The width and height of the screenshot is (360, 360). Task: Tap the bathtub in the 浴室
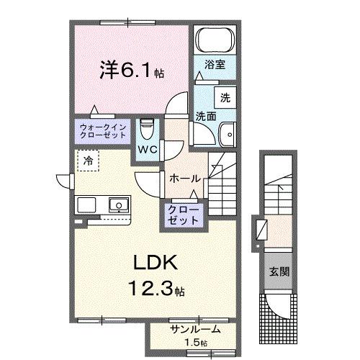(214, 40)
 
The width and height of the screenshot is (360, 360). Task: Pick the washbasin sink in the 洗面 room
(228, 132)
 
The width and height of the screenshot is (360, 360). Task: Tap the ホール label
(184, 178)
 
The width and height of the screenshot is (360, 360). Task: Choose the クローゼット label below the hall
(184, 215)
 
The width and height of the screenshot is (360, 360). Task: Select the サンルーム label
(194, 329)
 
